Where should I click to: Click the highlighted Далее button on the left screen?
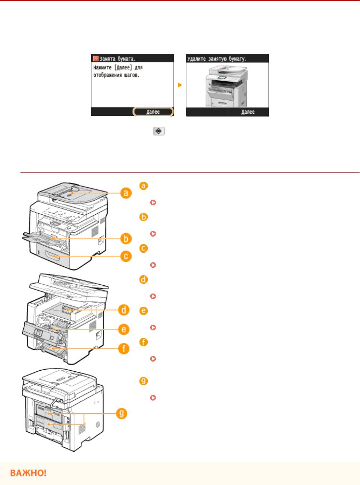[153, 112]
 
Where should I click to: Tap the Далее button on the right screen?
[248, 112]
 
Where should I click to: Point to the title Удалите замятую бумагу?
[218, 58]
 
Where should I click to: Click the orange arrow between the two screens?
[180, 85]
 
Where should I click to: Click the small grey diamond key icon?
[159, 132]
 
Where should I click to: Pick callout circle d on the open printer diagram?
[124, 310]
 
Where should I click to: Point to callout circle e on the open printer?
[124, 329]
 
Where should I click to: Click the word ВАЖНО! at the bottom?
[28, 473]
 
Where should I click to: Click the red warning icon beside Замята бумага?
[95, 58]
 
